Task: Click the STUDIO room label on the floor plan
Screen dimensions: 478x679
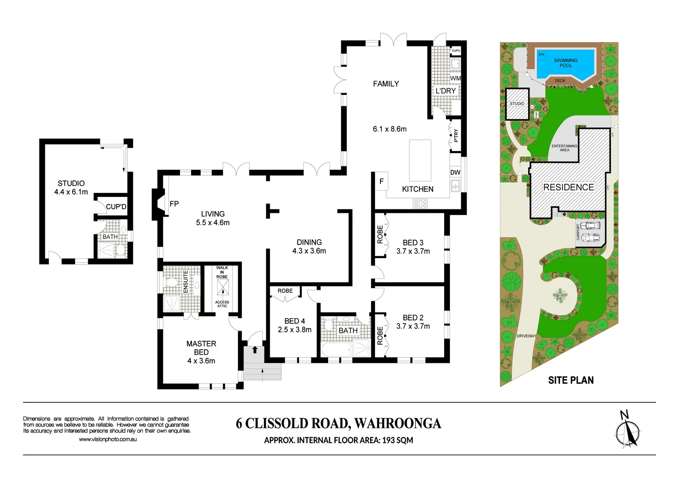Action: [71, 183]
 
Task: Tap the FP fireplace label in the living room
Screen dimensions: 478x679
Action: [174, 204]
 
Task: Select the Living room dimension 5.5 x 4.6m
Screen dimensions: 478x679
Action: [213, 223]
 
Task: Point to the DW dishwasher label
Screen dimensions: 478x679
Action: [455, 173]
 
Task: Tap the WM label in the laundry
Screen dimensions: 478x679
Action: [455, 78]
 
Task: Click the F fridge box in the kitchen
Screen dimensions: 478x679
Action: [381, 181]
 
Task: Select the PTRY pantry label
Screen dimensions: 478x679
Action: [456, 135]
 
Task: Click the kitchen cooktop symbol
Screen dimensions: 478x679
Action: [420, 204]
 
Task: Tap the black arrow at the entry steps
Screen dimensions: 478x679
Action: [255, 350]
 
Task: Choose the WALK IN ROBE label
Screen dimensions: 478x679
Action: [222, 272]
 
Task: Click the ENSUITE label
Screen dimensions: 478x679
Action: [186, 281]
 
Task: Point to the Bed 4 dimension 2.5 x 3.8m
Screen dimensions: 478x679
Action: [295, 330]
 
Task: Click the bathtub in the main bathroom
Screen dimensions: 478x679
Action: [336, 350]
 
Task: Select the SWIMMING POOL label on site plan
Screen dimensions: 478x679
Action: [566, 63]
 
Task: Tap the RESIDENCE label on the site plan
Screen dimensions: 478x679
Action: [568, 187]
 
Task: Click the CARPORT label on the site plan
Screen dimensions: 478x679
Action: [578, 232]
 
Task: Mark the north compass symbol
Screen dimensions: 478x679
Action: [627, 431]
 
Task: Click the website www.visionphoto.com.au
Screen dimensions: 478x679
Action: [107, 439]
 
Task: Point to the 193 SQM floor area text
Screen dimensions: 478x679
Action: [397, 440]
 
